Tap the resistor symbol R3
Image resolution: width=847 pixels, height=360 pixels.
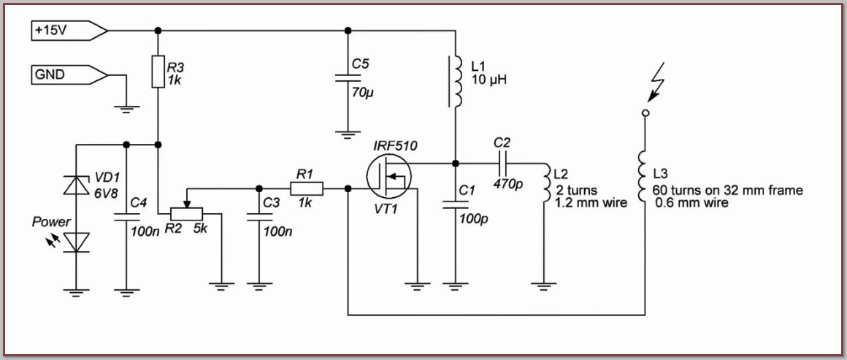coord(158,72)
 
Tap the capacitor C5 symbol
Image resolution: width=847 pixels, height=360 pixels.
coord(348,78)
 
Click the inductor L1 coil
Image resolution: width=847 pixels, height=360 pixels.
coord(455,80)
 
